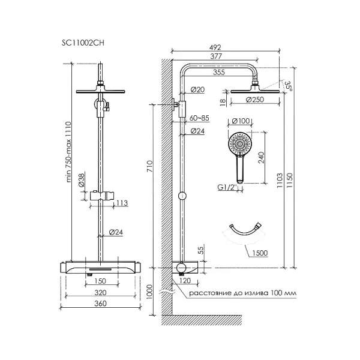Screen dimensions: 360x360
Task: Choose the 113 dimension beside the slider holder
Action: (x=122, y=203)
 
